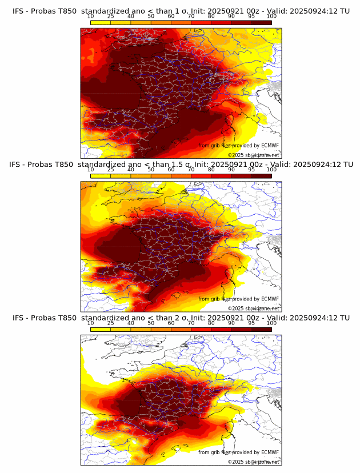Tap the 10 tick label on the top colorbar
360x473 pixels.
pos(90,17)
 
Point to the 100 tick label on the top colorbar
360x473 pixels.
pos(271,17)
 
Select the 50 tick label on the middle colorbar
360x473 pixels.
pos(151,170)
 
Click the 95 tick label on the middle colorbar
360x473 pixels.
pos(251,170)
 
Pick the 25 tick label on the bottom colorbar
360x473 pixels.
pos(110,323)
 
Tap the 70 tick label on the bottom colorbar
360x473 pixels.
pos(191,323)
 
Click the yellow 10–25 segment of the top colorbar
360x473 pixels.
pos(101,22)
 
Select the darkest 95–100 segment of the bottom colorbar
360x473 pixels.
pos(261,329)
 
